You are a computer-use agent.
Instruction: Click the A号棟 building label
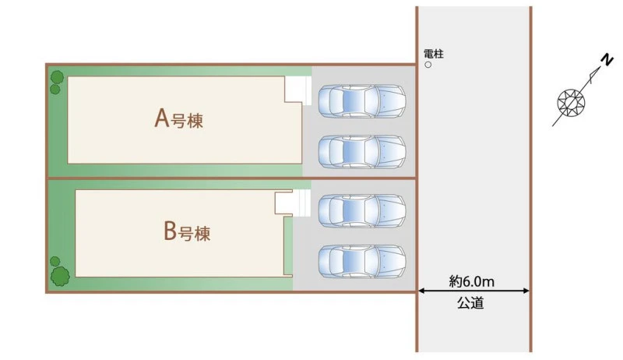click(179, 118)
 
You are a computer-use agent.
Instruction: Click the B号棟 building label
click(187, 231)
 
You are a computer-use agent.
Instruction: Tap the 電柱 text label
click(434, 54)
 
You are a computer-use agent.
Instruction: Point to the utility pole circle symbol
click(428, 65)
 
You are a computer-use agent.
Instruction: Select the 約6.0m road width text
click(472, 282)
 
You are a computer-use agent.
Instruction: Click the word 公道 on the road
click(470, 303)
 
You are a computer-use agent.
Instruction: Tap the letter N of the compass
click(607, 60)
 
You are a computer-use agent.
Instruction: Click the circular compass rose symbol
click(572, 103)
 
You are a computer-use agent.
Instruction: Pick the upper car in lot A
click(361, 101)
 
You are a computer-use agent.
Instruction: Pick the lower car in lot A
click(361, 152)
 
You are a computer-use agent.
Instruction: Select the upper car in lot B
click(361, 211)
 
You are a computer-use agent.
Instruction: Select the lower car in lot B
click(361, 262)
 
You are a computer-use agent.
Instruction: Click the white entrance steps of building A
click(298, 90)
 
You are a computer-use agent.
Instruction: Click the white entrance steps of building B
click(293, 203)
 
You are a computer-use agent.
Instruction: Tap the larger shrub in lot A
click(57, 77)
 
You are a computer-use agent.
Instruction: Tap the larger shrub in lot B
click(60, 276)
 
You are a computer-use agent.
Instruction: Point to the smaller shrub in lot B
click(55, 262)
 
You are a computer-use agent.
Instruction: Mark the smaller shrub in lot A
click(55, 90)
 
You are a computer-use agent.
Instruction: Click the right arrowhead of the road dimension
click(526, 291)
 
